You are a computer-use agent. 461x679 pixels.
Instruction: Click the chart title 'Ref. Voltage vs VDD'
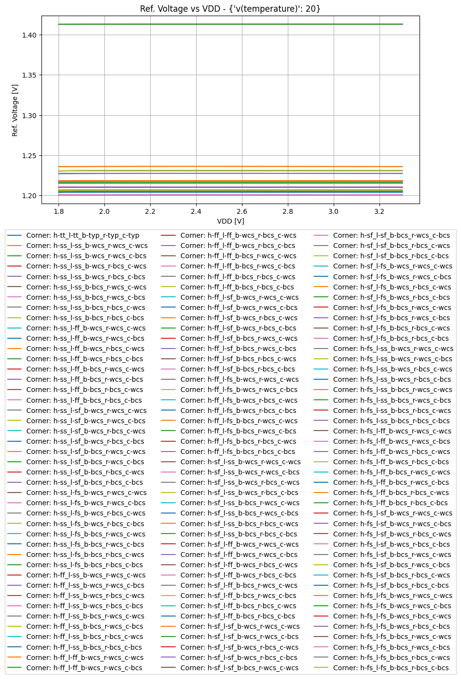point(230,9)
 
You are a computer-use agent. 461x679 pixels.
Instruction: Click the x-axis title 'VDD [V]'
point(230,221)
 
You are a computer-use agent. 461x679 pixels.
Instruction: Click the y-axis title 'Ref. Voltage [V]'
point(15,110)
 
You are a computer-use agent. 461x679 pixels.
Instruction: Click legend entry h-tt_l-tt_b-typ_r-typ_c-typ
point(82,235)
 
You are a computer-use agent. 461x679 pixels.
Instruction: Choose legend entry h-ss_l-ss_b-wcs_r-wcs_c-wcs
point(87,246)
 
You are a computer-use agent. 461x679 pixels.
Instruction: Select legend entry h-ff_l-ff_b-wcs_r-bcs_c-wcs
point(238,235)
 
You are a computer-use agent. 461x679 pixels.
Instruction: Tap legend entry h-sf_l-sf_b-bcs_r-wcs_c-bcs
point(391,235)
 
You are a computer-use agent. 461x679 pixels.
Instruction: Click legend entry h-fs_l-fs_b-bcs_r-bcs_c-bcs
point(391,668)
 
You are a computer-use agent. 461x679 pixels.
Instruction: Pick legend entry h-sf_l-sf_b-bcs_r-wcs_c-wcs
point(239,668)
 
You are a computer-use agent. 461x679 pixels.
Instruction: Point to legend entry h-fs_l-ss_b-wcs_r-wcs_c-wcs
point(393,349)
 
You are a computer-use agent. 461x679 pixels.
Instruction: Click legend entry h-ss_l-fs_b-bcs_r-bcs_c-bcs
point(85,565)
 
